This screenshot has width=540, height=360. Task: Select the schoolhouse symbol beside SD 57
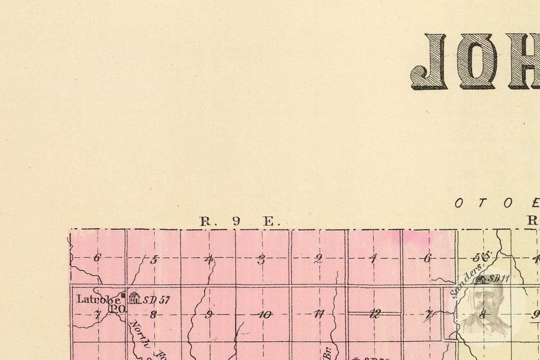[x=134, y=298]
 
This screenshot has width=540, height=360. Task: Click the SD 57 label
[x=157, y=300]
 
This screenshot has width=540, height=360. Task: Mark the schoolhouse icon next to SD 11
[x=480, y=279]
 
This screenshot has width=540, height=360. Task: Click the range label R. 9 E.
[x=240, y=221]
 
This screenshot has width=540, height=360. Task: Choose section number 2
[x=318, y=259]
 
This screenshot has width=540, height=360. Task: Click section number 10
[x=265, y=315]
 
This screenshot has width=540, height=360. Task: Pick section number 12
[x=375, y=314]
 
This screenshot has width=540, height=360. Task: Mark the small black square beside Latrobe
[x=123, y=295]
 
